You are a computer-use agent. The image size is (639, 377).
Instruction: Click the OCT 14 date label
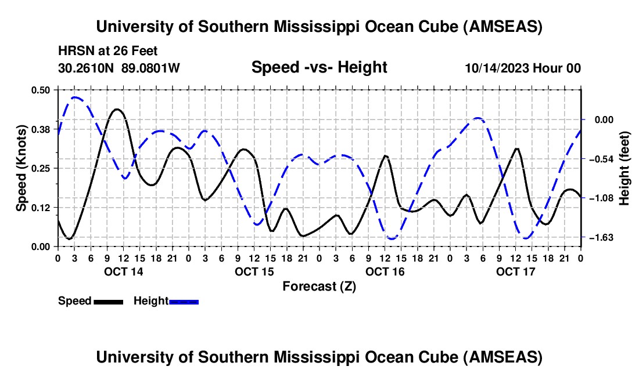tap(123, 271)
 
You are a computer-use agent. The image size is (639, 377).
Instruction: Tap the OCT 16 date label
tap(385, 271)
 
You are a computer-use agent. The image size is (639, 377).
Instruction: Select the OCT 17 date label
tap(515, 271)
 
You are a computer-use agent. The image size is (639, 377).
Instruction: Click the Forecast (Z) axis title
tap(319, 286)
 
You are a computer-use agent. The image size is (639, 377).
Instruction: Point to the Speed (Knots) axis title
tap(21, 168)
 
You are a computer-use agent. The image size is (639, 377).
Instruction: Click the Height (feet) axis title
tap(624, 168)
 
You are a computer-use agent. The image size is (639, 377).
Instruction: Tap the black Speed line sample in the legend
tap(108, 302)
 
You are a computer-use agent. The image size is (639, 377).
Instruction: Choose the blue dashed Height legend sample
tap(184, 302)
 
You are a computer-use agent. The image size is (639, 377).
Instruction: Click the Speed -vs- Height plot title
tap(319, 67)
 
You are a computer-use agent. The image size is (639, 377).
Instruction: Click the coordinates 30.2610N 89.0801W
tap(119, 68)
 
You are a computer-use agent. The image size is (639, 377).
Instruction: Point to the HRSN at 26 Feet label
tap(108, 51)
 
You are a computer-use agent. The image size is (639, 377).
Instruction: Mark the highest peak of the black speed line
tap(117, 109)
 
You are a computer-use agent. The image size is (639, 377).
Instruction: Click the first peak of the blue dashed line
tap(75, 97)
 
